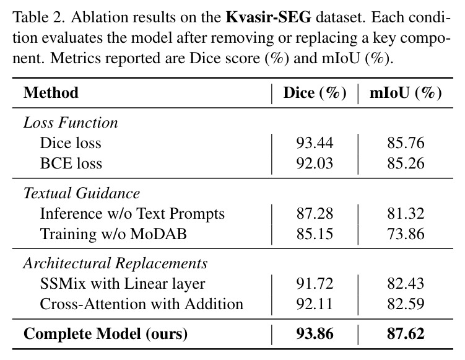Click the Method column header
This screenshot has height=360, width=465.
51,92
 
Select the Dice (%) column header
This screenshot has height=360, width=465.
315,93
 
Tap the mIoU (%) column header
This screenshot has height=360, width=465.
406,93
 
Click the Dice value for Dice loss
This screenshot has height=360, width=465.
315,143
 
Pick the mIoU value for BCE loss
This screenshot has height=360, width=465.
406,163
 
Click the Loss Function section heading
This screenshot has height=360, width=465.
71,123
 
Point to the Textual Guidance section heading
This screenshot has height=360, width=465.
82,193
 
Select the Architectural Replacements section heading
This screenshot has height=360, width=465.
115,263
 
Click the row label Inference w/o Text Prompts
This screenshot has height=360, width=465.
133,214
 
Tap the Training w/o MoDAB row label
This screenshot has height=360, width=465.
113,234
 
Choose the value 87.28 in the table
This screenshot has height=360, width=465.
315,214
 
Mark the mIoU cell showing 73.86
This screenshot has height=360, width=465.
406,234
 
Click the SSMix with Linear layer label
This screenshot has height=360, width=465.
123,284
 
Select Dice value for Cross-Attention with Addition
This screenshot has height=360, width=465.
315,304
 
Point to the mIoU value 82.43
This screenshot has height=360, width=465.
406,284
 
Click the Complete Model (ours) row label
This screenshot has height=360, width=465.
106,334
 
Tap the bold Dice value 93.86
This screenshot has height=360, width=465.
315,333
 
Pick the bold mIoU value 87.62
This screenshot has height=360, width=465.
406,333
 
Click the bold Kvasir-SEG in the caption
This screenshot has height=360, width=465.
268,17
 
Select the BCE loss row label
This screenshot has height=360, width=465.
71,163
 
